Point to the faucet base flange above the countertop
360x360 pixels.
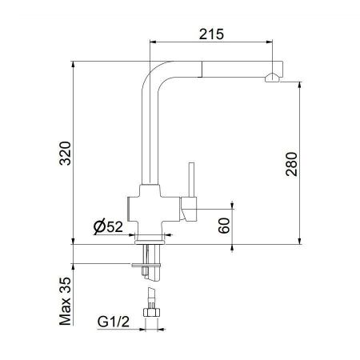150,238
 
